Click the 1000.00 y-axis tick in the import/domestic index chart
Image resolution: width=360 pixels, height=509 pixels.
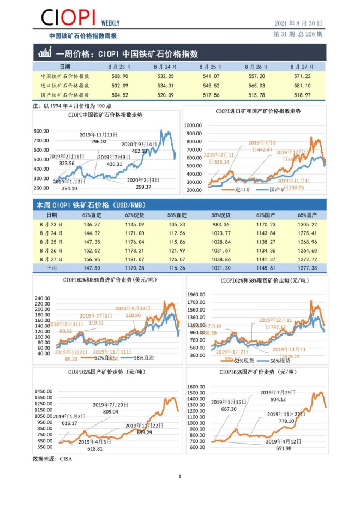click(x=194, y=125)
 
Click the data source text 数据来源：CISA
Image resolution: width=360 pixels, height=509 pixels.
click(x=52, y=459)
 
